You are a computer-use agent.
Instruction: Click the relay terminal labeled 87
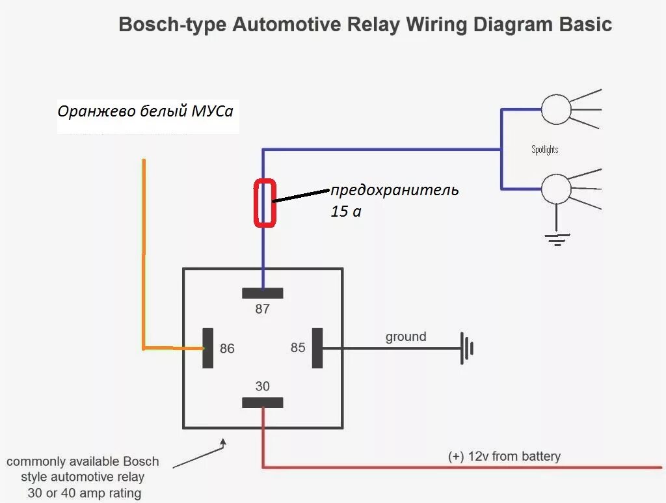coord(263,293)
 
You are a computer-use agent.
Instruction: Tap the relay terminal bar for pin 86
coord(207,348)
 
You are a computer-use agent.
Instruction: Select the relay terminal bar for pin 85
coord(317,348)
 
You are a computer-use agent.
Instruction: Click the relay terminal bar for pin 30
coord(263,402)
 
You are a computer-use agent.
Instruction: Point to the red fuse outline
coord(265,203)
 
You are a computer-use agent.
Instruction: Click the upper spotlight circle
coord(556,109)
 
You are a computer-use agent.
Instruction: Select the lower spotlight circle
coord(556,189)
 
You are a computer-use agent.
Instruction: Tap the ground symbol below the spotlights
coord(557,240)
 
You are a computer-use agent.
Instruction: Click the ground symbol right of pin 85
coord(467,348)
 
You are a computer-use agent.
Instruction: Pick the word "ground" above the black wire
coord(406,337)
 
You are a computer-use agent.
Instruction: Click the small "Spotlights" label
coord(544,150)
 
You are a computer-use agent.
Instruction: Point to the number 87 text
coord(263,309)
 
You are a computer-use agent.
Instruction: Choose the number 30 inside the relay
coord(263,386)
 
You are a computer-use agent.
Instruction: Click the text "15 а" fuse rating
coord(346,211)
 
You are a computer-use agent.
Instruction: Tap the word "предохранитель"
coord(395,190)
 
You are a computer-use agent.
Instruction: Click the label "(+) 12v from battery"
coord(504,456)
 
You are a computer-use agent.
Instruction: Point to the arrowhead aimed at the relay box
coord(223,442)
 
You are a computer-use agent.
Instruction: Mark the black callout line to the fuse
coord(301,195)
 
